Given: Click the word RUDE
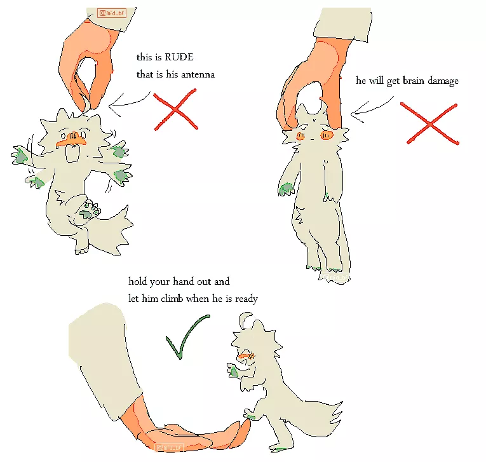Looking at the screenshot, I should click(x=180, y=58).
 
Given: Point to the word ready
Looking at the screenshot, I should click(x=246, y=297).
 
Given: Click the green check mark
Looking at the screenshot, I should click(x=184, y=337).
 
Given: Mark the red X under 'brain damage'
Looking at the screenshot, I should click(x=431, y=123).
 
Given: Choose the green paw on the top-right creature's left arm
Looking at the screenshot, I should click(x=287, y=188).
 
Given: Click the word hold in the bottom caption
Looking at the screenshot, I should click(x=139, y=281).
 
